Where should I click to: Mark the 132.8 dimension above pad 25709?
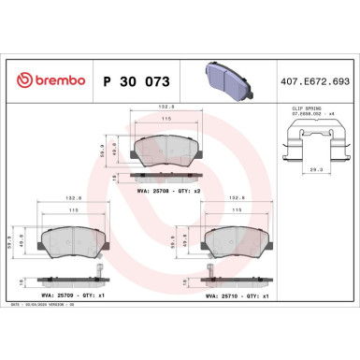pos(69,198)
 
